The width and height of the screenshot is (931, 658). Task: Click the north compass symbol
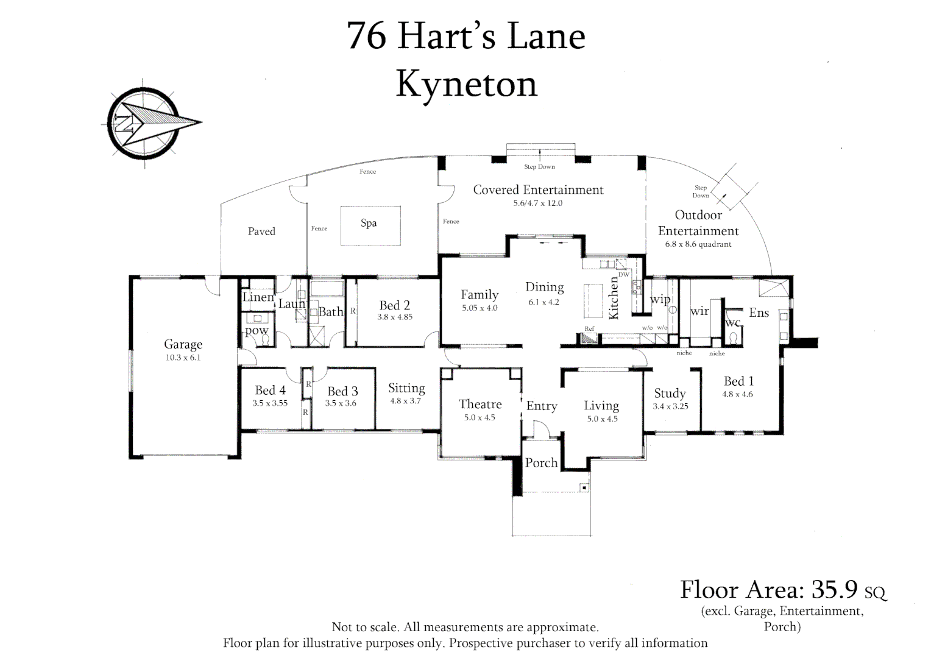(x=144, y=122)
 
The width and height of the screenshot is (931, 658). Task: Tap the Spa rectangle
(x=370, y=225)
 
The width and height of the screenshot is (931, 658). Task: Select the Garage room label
(x=183, y=344)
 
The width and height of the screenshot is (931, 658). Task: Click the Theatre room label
(x=480, y=404)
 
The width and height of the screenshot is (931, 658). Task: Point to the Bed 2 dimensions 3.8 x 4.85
(x=394, y=317)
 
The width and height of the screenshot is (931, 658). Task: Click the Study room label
(x=670, y=393)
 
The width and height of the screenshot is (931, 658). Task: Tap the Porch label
(x=541, y=462)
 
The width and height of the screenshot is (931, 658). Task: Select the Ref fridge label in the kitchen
(x=589, y=329)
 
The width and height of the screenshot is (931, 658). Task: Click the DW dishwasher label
(x=623, y=275)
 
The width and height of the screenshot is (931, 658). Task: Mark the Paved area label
(x=261, y=232)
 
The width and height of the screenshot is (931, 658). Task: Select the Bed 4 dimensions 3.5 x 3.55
(x=270, y=403)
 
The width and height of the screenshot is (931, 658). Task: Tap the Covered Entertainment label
(x=538, y=189)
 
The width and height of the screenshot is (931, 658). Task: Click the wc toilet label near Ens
(x=732, y=322)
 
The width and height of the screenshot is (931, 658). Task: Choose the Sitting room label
(x=406, y=388)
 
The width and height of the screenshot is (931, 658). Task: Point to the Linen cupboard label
(x=258, y=297)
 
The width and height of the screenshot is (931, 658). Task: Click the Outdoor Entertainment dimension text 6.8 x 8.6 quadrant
(x=698, y=244)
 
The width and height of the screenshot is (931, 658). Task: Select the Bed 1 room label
(x=738, y=381)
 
